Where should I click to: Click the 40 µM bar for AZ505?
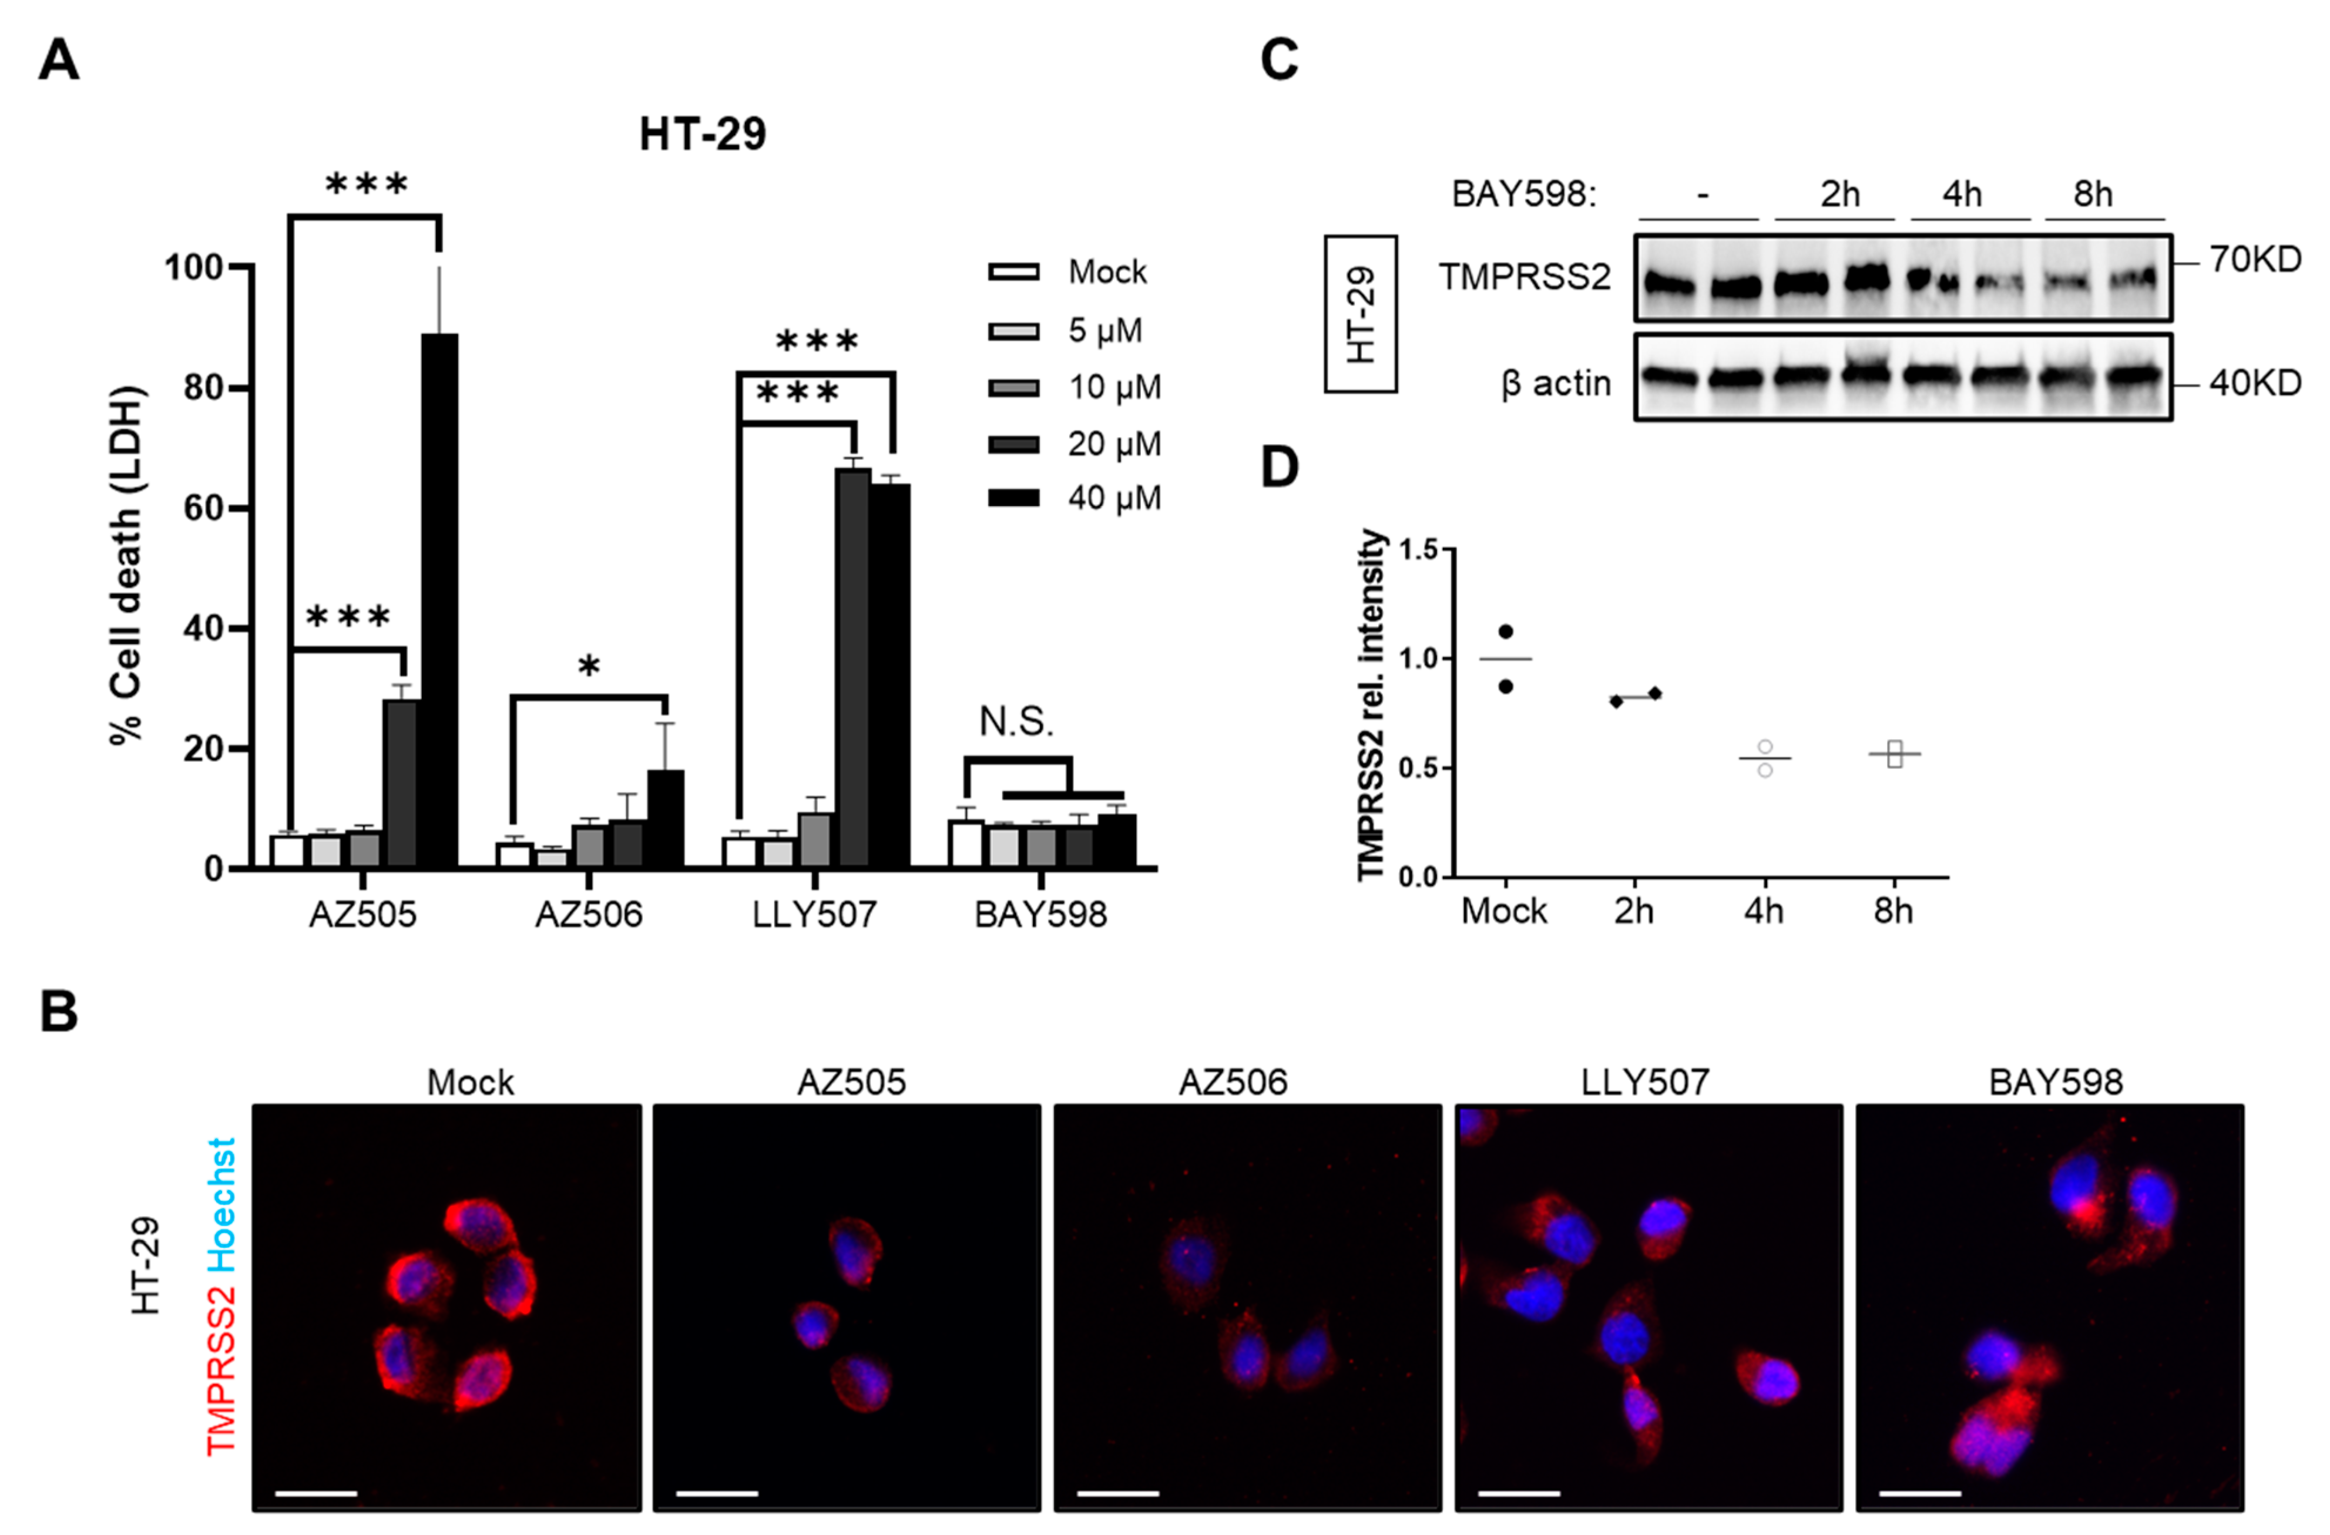[x=439, y=599]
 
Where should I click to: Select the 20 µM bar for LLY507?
[x=852, y=668]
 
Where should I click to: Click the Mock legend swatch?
[x=1013, y=272]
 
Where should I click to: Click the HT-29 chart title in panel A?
[x=702, y=134]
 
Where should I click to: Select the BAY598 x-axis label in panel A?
[x=1040, y=914]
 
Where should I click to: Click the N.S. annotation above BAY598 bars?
[x=1016, y=723]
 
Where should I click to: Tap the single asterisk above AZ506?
[x=588, y=669]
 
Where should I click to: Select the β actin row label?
[x=1556, y=383]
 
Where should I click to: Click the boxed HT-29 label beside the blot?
[x=1361, y=313]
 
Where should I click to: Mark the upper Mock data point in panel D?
[x=1506, y=632]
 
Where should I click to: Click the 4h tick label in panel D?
[x=1763, y=911]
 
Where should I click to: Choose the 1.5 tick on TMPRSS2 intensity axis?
[x=1419, y=550]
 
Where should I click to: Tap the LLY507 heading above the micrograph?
[x=1645, y=1081]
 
